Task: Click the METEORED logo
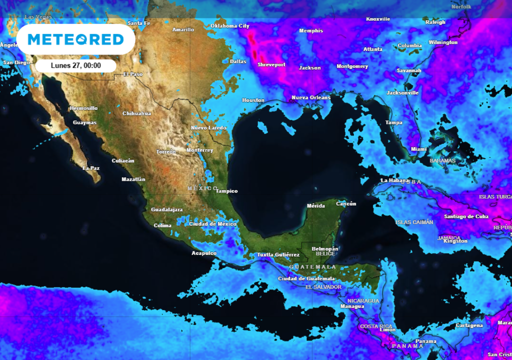tap(75, 39)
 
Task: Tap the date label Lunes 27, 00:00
tap(76, 65)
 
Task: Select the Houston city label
tap(253, 100)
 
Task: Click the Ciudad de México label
tap(212, 224)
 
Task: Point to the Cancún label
tap(346, 203)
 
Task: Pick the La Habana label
tap(394, 180)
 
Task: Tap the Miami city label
tap(419, 149)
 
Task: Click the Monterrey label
tap(199, 150)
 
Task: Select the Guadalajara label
tap(166, 209)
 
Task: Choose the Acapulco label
tap(204, 253)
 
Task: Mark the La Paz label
tap(91, 168)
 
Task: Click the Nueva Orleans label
tap(311, 97)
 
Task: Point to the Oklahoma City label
tap(230, 26)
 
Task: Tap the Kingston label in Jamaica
tap(455, 241)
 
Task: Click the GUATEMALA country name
tap(313, 267)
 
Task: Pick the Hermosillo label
tap(83, 108)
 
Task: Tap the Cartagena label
tap(469, 325)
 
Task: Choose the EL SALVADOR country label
tap(323, 287)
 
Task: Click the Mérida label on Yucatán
tap(316, 206)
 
